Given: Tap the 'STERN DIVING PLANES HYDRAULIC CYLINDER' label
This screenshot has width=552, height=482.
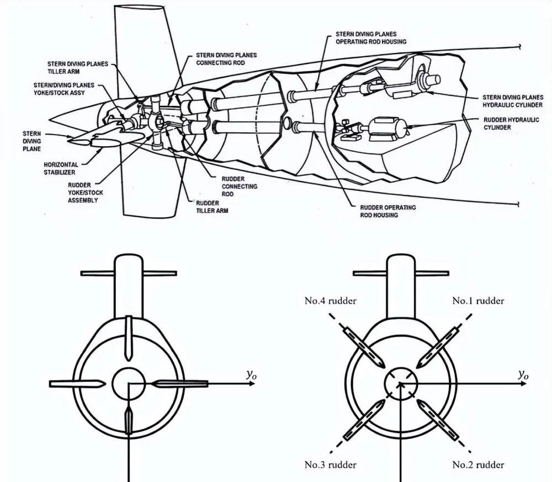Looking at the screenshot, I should pyautogui.click(x=513, y=101).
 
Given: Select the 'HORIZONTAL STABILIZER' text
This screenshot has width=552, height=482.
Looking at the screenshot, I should pyautogui.click(x=61, y=168).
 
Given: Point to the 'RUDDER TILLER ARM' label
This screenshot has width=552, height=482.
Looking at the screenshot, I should pyautogui.click(x=213, y=207).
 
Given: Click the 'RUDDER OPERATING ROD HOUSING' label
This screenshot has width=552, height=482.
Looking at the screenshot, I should pyautogui.click(x=388, y=211).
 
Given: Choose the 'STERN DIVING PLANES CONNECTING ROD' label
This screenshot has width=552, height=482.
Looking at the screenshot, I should pyautogui.click(x=226, y=59).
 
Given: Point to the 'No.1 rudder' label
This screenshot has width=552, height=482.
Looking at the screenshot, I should pyautogui.click(x=478, y=301).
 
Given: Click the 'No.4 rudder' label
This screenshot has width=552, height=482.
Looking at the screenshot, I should pyautogui.click(x=330, y=301).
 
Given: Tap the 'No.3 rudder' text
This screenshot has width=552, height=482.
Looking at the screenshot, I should pyautogui.click(x=330, y=465).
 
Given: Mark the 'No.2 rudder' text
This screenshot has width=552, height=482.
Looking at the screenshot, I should pyautogui.click(x=478, y=465).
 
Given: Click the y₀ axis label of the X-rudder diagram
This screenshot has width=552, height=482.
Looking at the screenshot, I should pyautogui.click(x=523, y=375).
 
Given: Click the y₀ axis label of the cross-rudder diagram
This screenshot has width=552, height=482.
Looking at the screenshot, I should pyautogui.click(x=252, y=375).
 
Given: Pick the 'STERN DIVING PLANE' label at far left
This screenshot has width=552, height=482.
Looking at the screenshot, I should pyautogui.click(x=31, y=141).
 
